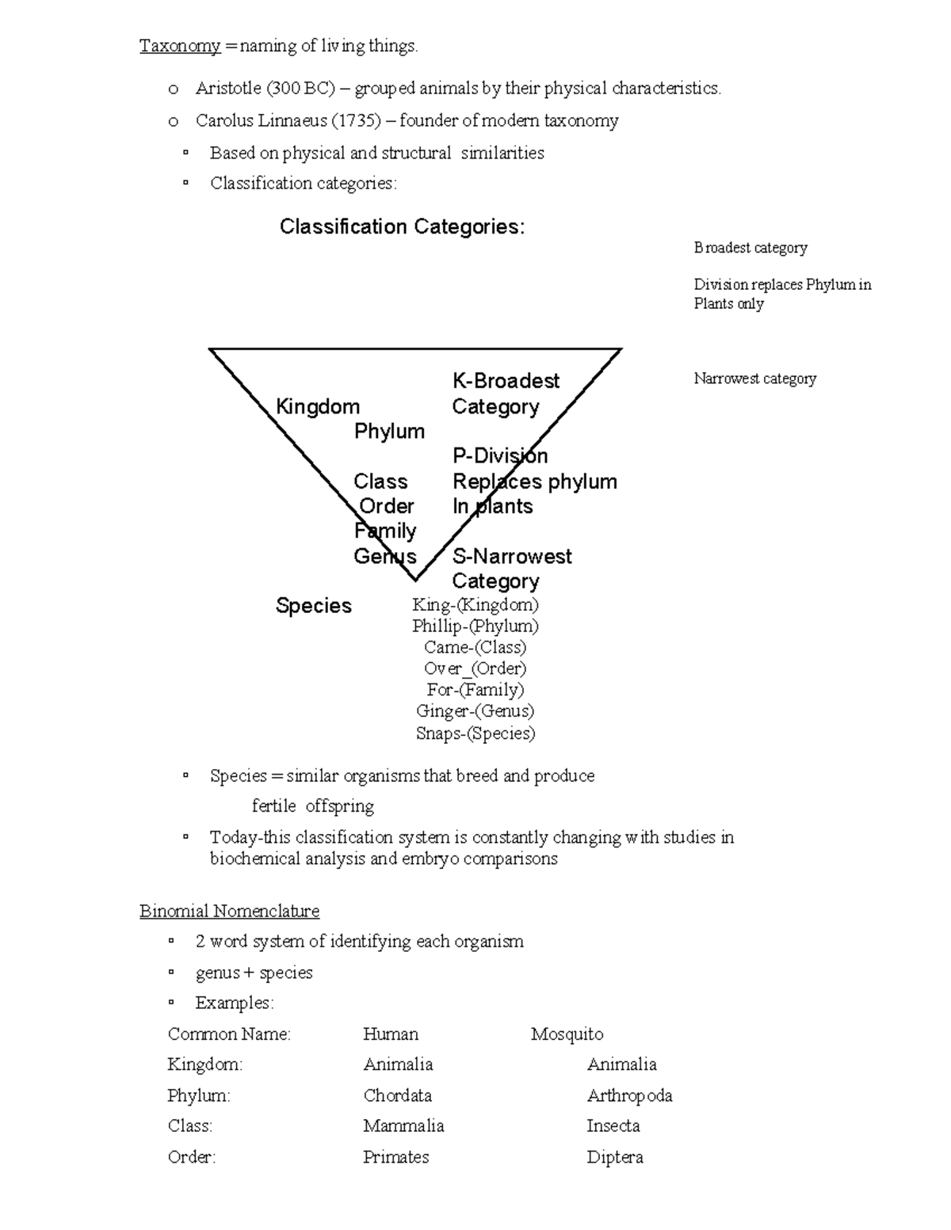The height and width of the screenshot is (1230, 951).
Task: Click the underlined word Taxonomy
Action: [x=180, y=47]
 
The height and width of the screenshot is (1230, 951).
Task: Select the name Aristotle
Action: [x=228, y=89]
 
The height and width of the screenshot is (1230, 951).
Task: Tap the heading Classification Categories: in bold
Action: [x=402, y=227]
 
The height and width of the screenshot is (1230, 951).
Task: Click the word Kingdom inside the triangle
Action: [x=318, y=407]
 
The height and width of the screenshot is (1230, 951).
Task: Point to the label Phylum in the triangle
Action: [x=389, y=432]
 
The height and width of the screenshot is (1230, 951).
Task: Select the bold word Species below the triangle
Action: [x=313, y=606]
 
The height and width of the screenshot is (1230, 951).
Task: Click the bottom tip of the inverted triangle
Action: [x=415, y=579]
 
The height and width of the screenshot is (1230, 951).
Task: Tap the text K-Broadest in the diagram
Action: [x=506, y=382]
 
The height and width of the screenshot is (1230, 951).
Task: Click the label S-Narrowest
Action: [x=512, y=557]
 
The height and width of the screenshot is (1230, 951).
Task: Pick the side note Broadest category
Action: [x=750, y=248]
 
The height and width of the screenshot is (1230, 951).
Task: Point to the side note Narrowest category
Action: [x=754, y=379]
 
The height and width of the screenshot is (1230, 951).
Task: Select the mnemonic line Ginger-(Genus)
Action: [x=475, y=711]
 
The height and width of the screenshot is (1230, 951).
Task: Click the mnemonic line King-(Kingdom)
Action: [x=475, y=605]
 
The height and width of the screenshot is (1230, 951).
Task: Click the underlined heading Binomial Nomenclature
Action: [x=229, y=912]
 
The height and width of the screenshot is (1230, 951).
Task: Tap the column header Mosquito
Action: [x=567, y=1034]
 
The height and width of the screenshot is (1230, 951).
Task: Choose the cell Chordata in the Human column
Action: [x=397, y=1096]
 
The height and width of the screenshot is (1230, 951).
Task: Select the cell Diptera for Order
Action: [x=614, y=1158]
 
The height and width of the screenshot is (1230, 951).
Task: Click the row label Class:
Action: [x=190, y=1126]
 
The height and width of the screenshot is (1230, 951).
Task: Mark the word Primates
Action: [x=395, y=1158]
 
